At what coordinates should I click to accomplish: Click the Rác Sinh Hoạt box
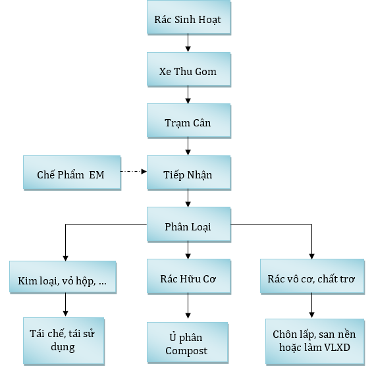[189, 17]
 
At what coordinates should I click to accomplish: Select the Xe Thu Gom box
[189, 69]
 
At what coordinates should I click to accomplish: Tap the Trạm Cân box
[189, 120]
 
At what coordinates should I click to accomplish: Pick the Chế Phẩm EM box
[72, 172]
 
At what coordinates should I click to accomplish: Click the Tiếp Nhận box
[189, 172]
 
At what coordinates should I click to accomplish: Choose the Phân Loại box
[189, 225]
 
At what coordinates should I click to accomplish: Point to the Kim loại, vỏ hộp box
[63, 277]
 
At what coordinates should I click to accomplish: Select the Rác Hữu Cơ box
[189, 277]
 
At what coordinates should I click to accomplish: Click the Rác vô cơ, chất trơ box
[312, 277]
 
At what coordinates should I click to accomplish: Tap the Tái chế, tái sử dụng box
[64, 341]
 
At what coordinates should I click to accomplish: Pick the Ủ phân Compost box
[188, 342]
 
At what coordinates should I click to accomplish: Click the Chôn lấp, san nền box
[315, 342]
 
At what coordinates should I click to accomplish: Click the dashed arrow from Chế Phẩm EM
[134, 171]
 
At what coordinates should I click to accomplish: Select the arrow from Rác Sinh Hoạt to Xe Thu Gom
[188, 43]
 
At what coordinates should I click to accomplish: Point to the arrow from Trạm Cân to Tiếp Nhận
[188, 146]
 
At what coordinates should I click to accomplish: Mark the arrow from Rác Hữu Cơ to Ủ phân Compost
[188, 305]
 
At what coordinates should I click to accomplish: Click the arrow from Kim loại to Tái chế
[66, 305]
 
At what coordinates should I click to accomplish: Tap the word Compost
[186, 351]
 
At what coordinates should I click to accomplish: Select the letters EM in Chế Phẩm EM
[97, 175]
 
